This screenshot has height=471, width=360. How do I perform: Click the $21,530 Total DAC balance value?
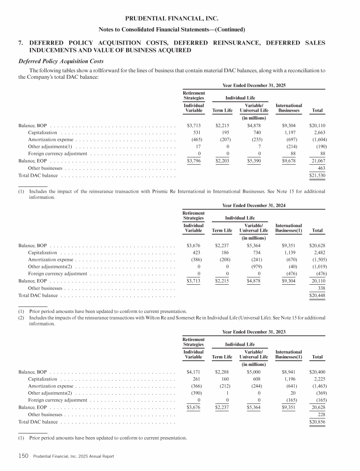click(x=317, y=175)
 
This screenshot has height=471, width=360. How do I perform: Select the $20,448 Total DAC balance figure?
click(x=317, y=295)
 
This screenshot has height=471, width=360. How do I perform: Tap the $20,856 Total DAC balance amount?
click(x=317, y=422)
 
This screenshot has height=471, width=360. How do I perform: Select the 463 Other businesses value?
click(x=322, y=168)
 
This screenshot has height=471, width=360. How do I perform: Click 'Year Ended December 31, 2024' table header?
click(x=254, y=205)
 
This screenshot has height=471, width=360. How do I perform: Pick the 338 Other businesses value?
click(x=322, y=288)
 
